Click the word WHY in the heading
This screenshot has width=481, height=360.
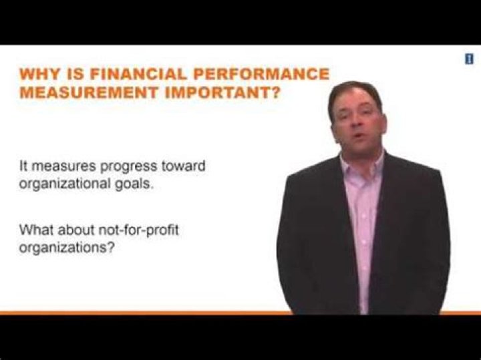pyautogui.click(x=39, y=73)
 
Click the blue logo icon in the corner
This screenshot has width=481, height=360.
pyautogui.click(x=469, y=59)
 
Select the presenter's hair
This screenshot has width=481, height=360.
pyautogui.click(x=355, y=91)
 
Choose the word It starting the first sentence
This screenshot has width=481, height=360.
pyautogui.click(x=24, y=167)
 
